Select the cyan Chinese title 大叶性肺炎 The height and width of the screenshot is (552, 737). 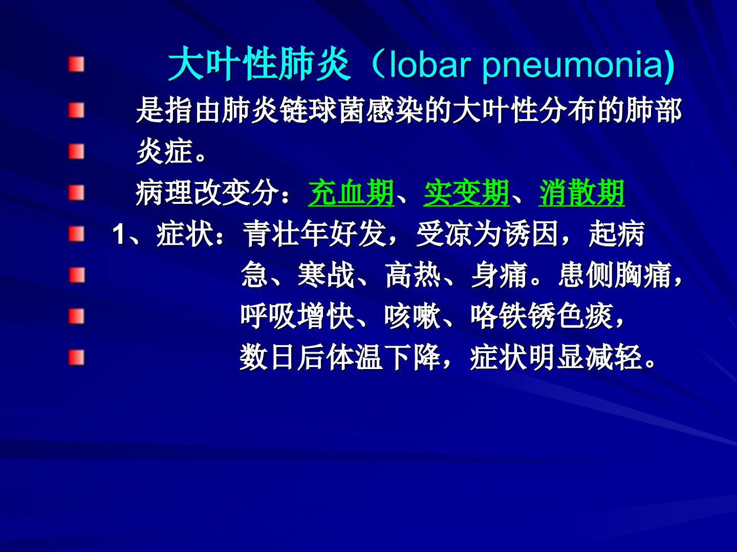click(x=259, y=64)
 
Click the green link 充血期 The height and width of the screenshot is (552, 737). click(x=351, y=193)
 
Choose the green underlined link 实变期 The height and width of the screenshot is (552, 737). click(x=466, y=193)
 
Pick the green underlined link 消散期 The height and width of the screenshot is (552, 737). click(x=581, y=193)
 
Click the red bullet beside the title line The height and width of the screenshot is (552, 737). click(x=77, y=64)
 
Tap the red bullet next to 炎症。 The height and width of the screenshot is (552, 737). click(x=77, y=151)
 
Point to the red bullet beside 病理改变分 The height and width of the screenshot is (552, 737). click(x=77, y=193)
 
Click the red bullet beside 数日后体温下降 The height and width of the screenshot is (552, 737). click(x=77, y=357)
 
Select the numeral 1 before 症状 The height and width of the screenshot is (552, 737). click(x=118, y=234)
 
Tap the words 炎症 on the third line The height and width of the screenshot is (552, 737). click(x=164, y=151)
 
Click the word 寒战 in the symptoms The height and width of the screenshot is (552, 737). click(x=326, y=275)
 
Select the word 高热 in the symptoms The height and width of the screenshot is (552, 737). click(x=414, y=275)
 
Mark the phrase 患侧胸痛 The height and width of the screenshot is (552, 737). click(x=615, y=275)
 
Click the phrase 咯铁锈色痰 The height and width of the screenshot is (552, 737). click(x=541, y=316)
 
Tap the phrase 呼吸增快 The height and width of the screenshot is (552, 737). click(x=297, y=316)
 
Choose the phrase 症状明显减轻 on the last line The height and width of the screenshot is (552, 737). click(x=556, y=357)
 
